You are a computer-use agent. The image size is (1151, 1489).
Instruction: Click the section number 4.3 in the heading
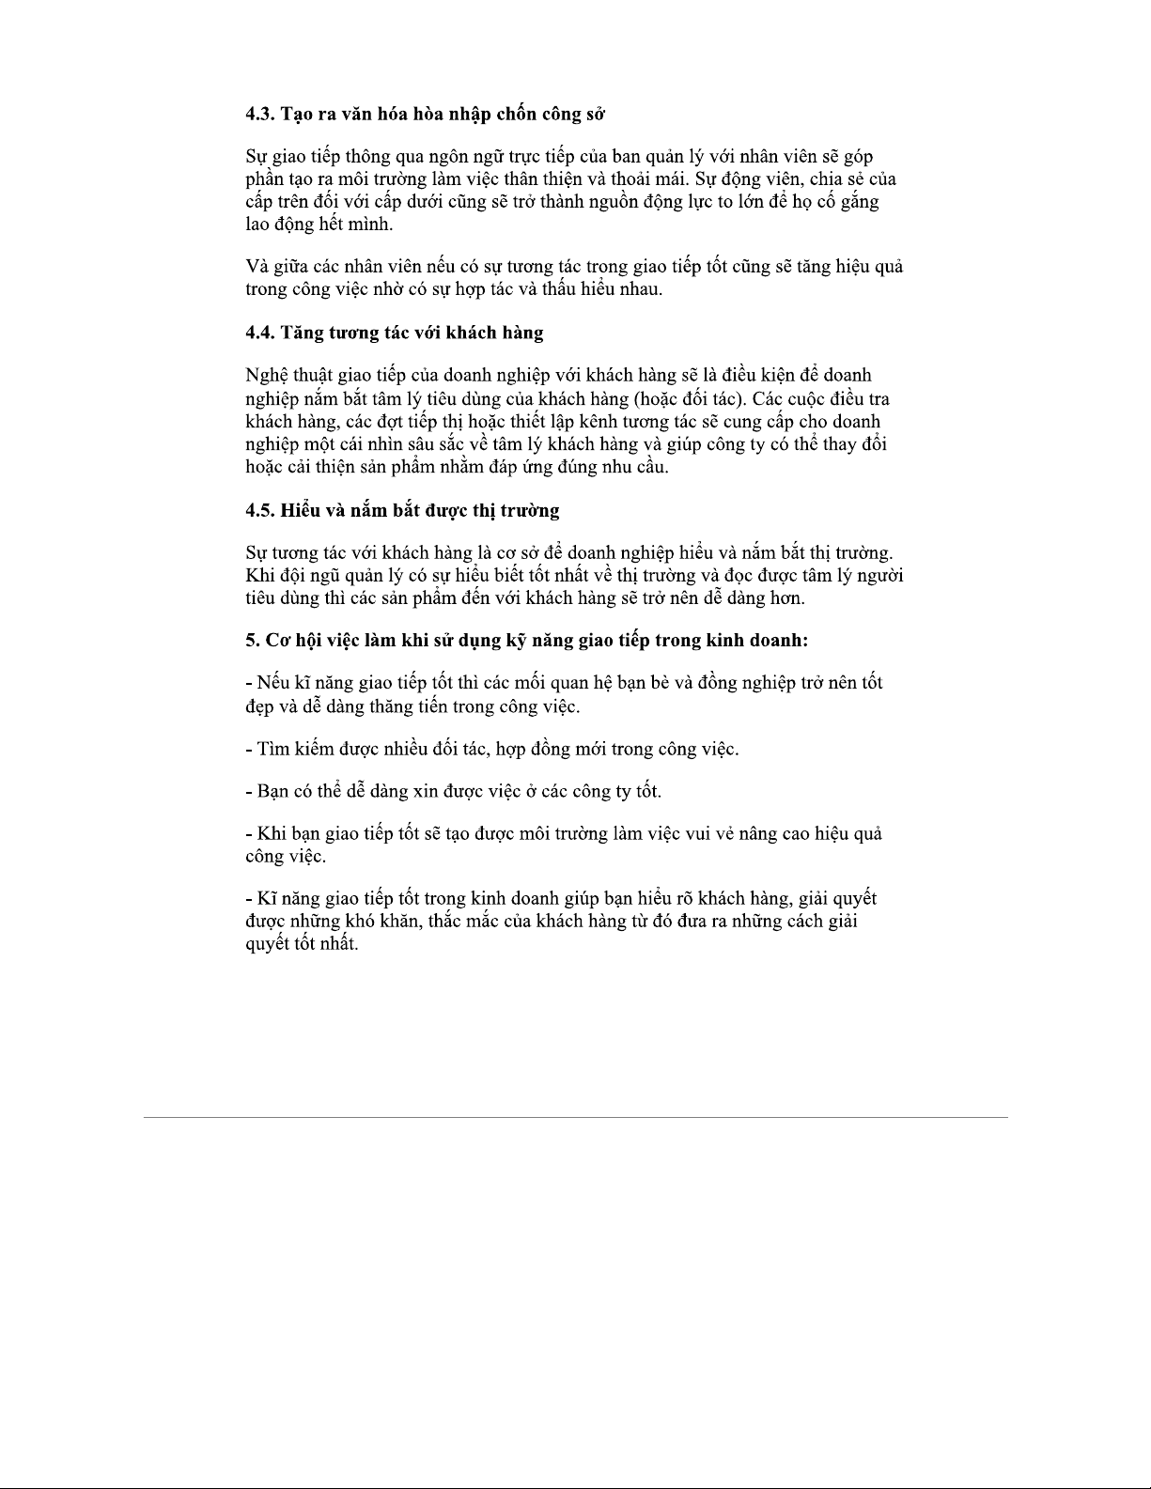click(x=259, y=114)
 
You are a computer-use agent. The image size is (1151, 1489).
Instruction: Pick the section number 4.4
click(x=259, y=333)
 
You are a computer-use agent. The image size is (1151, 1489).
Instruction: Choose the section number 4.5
click(x=259, y=510)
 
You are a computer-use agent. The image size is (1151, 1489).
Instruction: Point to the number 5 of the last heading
click(x=251, y=640)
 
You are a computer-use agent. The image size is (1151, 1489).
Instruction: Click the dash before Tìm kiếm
click(x=248, y=750)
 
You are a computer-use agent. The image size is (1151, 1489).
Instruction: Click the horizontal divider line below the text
click(x=575, y=1117)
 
